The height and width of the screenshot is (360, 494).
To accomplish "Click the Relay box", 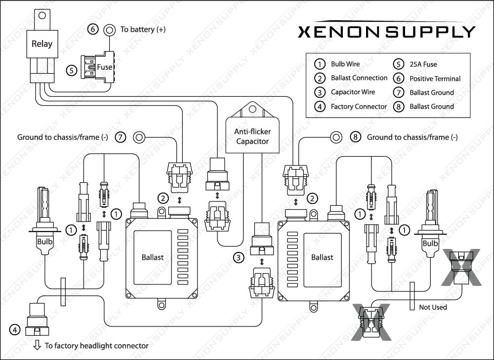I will point(41,44).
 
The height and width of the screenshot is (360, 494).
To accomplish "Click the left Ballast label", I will point(152,257).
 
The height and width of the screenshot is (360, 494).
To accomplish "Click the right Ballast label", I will point(322,257).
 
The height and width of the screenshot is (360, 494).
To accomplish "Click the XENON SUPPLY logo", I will point(386,32).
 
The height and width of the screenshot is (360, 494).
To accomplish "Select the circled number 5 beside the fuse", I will point(72,71).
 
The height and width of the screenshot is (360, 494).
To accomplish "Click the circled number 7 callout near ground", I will point(121,137).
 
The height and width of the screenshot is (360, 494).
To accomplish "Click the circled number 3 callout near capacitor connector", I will point(239,257).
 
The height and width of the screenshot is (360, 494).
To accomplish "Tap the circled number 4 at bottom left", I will point(15,329).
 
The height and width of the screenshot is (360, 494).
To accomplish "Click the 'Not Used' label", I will point(433,307).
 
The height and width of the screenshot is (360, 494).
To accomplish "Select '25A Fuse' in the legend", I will point(423,64).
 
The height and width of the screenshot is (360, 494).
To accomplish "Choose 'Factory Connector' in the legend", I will point(359,106).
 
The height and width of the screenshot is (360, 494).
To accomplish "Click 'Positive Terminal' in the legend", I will point(435,78).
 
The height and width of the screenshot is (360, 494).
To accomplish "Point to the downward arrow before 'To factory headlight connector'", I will point(37,345).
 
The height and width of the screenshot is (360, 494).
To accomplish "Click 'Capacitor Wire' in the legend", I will point(353,92).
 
